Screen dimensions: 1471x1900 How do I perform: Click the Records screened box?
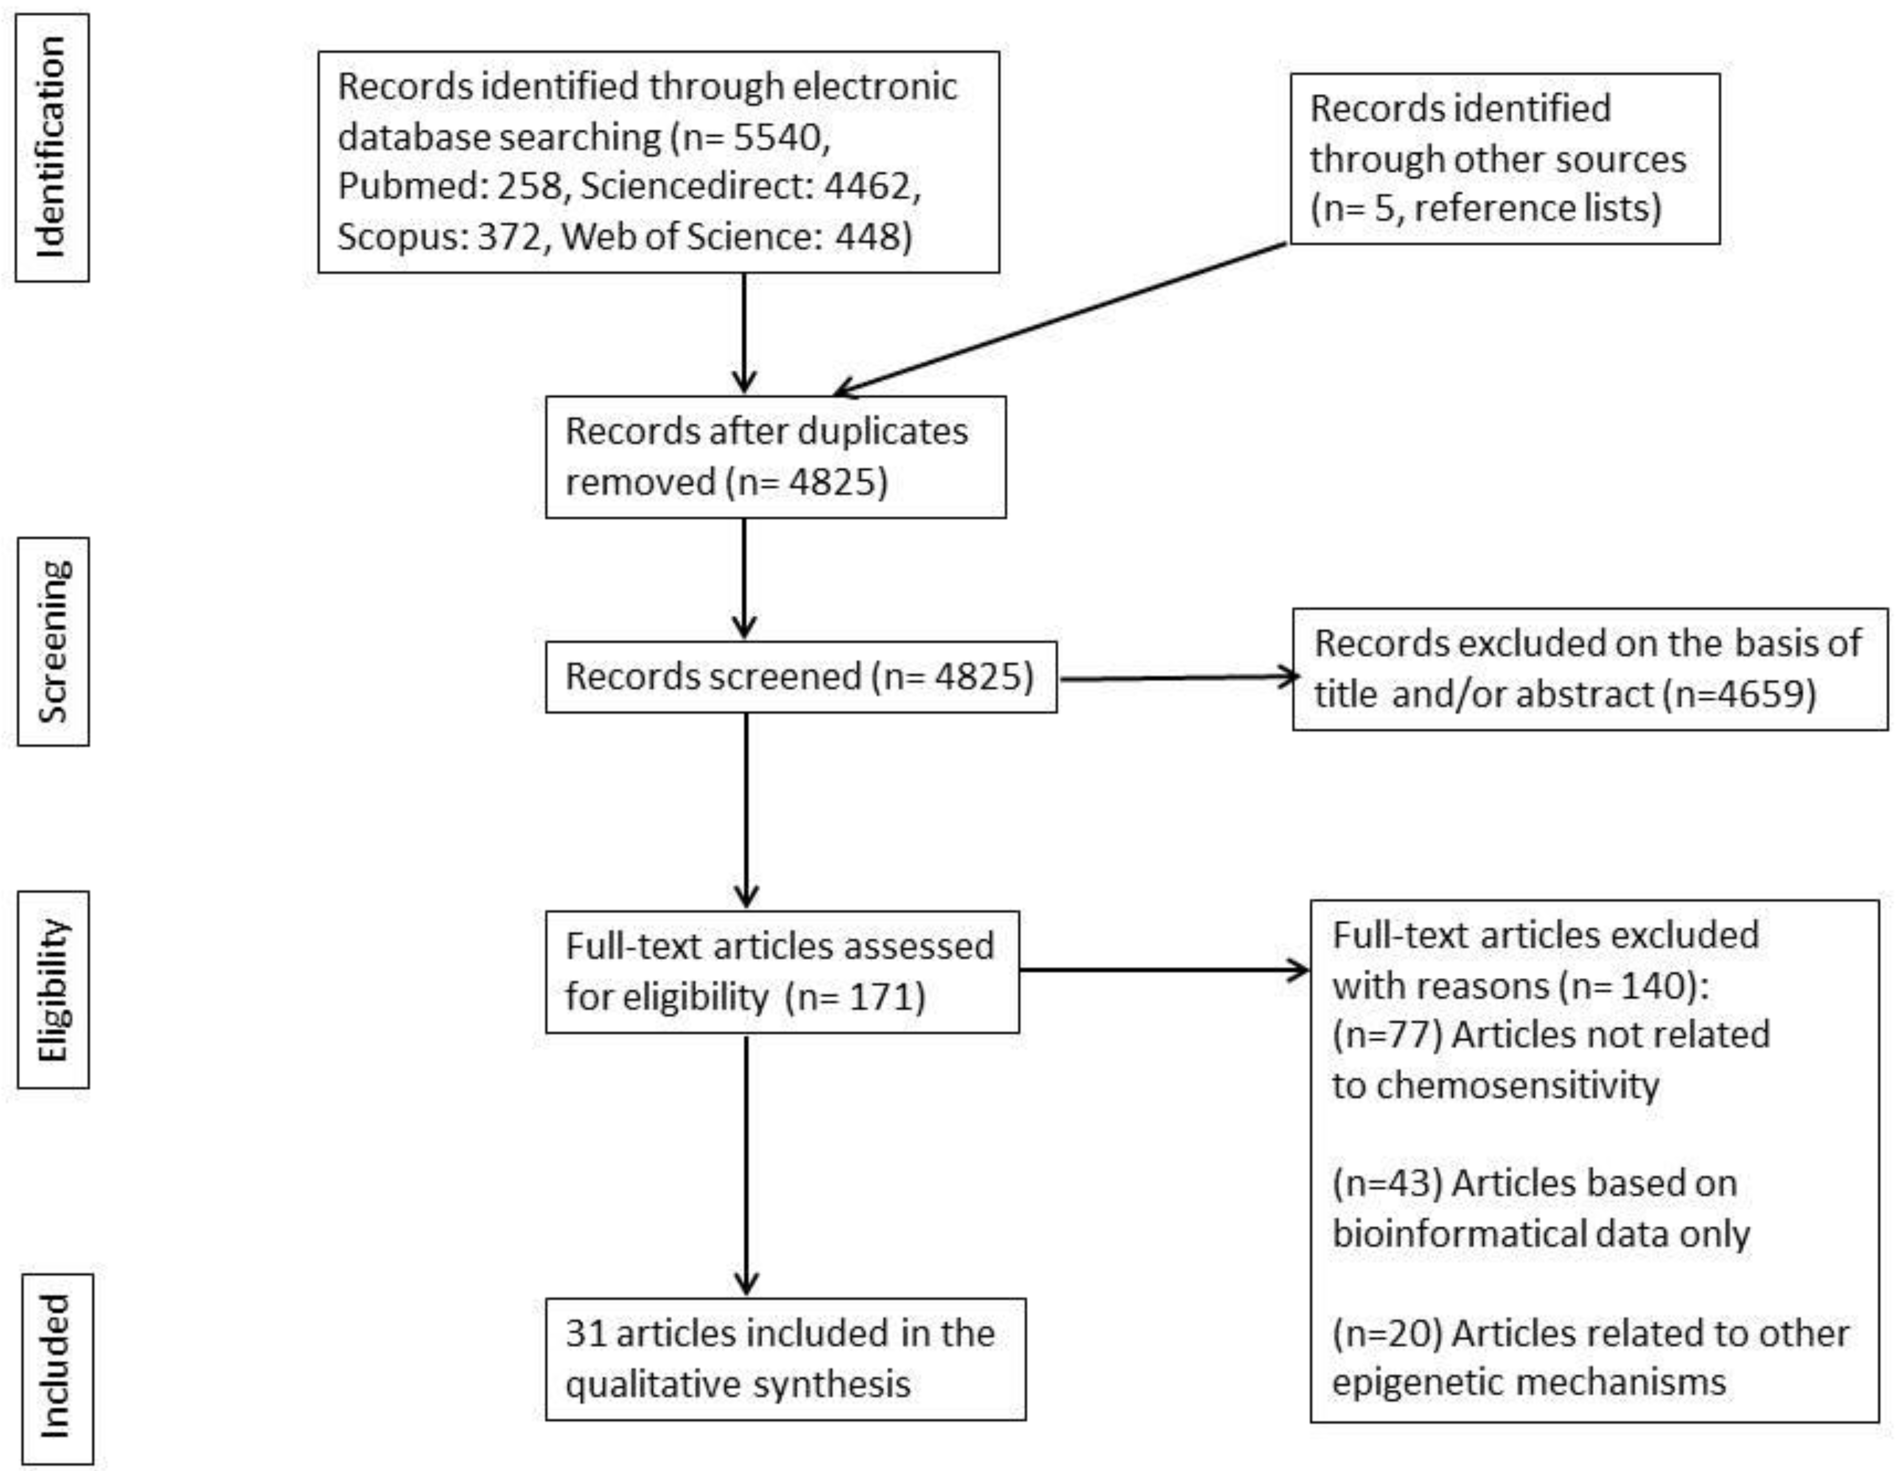(x=801, y=677)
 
